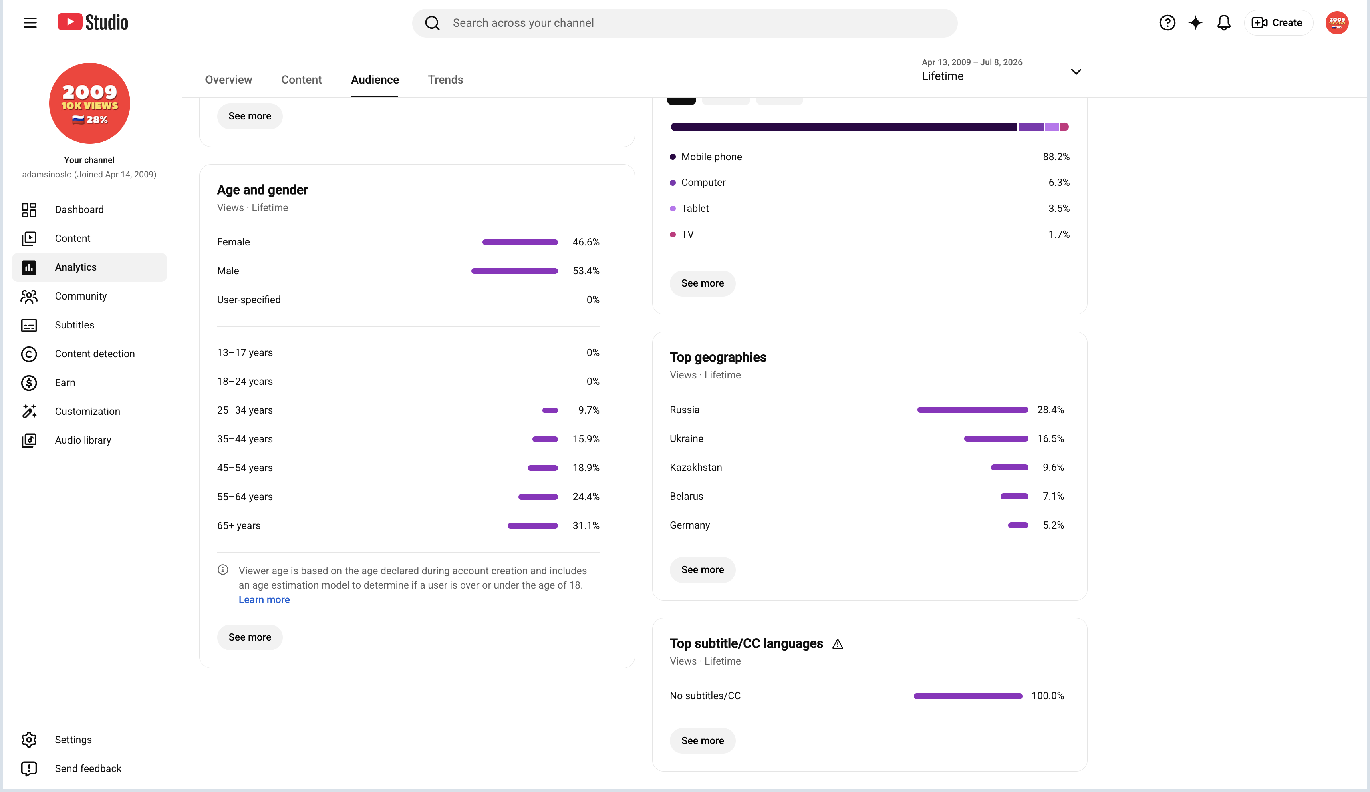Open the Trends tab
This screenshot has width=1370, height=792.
click(x=445, y=80)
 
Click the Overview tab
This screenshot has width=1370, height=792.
click(x=228, y=80)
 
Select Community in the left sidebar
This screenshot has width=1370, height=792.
click(x=81, y=296)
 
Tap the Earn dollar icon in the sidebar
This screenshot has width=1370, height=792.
click(x=29, y=383)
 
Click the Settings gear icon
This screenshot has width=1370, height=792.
click(x=29, y=740)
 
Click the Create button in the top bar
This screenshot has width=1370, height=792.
click(x=1277, y=23)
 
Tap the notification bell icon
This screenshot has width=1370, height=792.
click(x=1224, y=23)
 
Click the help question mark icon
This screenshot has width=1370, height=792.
click(x=1167, y=23)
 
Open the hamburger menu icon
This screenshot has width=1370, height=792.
click(x=30, y=23)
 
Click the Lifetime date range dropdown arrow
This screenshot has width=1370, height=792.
click(x=1076, y=72)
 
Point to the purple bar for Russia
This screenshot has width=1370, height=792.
click(x=973, y=410)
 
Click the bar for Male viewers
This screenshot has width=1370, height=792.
click(x=514, y=271)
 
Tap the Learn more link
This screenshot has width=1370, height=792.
click(x=264, y=599)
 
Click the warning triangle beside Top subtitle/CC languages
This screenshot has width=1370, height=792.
click(x=838, y=644)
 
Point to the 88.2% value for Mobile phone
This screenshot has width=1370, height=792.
click(x=1056, y=157)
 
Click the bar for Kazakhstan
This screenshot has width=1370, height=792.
click(x=1009, y=468)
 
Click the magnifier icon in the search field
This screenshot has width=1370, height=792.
click(x=432, y=23)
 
